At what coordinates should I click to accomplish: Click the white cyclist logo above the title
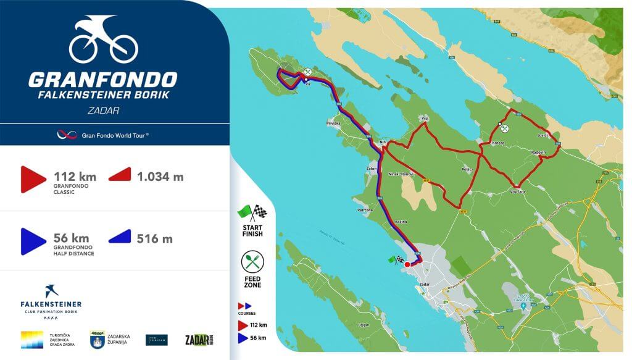103,39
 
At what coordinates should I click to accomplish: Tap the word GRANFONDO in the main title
102,80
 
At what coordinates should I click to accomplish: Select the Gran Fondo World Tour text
115,134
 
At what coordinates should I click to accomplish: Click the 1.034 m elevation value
160,177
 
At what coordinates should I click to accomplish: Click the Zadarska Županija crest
97,340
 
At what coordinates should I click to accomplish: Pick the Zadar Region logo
196,340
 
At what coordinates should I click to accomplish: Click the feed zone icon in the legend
252,262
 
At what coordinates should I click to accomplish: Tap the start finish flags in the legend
252,212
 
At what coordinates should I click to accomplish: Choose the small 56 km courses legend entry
253,338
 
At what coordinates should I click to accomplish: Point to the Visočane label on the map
517,191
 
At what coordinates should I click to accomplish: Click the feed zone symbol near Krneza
505,128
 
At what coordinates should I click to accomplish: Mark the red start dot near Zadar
407,264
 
